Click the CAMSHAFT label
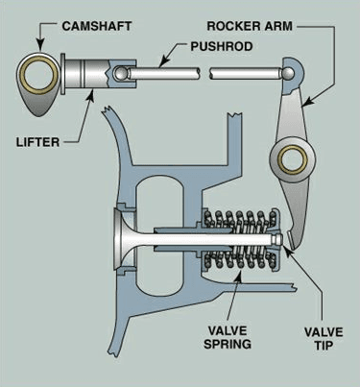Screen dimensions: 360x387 click(97, 26)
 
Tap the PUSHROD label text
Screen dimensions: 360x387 click(222, 46)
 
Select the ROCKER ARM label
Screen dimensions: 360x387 click(250, 26)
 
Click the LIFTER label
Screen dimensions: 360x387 click(37, 142)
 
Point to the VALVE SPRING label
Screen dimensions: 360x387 click(228, 337)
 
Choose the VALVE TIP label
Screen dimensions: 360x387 click(324, 338)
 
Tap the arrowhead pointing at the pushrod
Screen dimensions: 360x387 click(163, 61)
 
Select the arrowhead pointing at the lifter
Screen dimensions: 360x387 click(91, 95)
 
